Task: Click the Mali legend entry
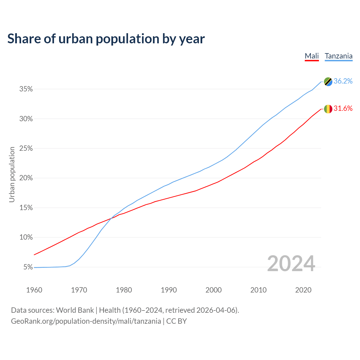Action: (312, 56)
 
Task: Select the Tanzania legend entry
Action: (338, 56)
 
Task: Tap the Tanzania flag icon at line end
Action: (328, 82)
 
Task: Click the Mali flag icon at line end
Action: (328, 109)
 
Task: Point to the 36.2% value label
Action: (343, 81)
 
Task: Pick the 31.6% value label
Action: (343, 109)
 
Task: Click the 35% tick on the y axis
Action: (26, 89)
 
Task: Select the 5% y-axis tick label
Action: (28, 267)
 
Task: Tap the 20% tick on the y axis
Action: (26, 178)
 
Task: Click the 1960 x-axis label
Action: (34, 290)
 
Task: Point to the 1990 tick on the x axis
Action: (169, 290)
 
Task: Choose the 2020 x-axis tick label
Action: (303, 290)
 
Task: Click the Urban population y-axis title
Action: (12, 174)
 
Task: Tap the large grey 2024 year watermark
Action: (291, 264)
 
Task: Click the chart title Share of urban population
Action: (106, 39)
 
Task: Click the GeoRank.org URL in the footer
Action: (86, 321)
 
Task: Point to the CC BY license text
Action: (176, 321)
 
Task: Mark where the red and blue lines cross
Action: (111, 219)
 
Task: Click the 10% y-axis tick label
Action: (26, 237)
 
